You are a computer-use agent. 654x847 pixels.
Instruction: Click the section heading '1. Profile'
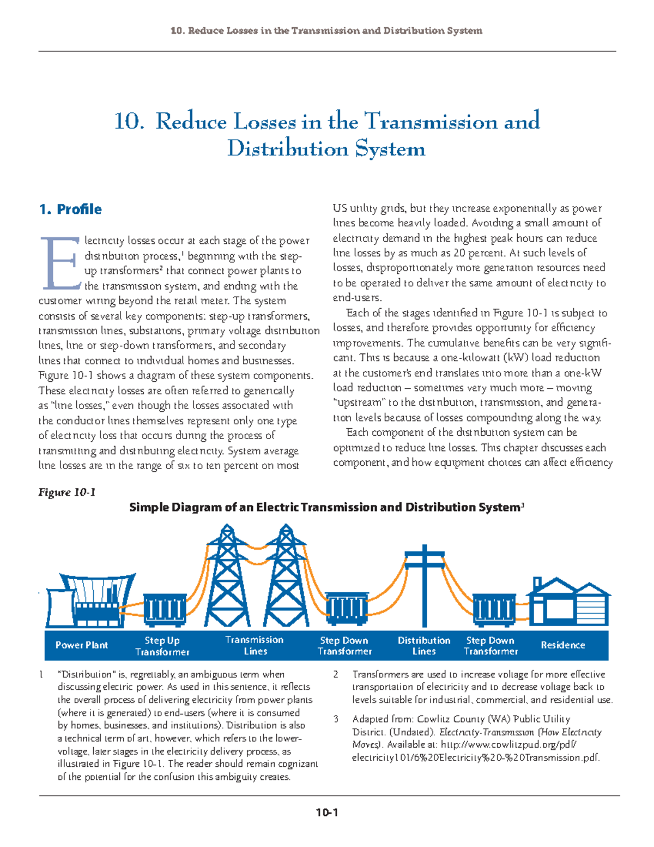70,209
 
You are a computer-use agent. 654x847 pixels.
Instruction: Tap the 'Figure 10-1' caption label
67,492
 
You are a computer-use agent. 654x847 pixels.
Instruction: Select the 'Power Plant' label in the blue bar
82,645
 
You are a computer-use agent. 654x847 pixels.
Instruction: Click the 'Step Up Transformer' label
162,646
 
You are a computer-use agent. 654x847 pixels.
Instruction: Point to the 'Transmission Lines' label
255,646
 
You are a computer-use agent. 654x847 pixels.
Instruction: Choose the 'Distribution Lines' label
424,646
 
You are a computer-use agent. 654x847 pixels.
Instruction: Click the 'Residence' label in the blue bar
562,645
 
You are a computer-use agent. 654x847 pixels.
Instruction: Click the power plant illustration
90,600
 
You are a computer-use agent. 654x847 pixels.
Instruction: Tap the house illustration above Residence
568,603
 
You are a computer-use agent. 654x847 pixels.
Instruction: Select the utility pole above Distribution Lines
425,584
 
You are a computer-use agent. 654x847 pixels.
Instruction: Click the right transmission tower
286,578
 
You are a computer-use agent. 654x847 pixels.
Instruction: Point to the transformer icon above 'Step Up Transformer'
165,610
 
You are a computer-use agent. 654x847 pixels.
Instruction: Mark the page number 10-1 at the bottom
327,813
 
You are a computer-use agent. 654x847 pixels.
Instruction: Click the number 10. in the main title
129,121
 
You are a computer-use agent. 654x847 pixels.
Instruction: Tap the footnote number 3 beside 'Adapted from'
336,719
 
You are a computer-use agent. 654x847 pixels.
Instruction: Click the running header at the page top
326,31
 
